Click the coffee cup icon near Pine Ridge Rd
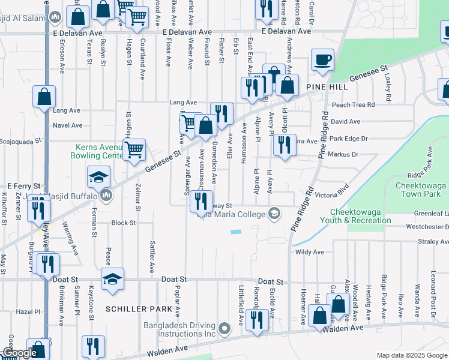[323, 60]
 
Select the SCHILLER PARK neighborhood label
[134, 308]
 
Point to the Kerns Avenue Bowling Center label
[100, 151]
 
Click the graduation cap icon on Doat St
[112, 278]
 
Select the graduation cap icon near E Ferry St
[98, 176]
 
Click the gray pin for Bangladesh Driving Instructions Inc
[224, 328]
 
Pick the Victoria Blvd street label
[332, 195]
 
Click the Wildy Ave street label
[309, 252]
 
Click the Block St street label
[123, 223]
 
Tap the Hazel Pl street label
[28, 312]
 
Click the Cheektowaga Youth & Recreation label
[360, 216]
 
